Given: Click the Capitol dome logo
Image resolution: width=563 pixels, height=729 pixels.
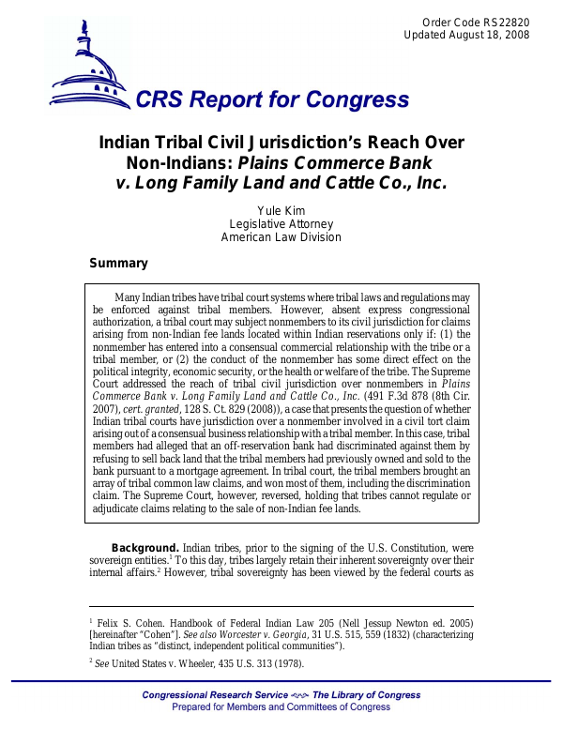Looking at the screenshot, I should click(x=89, y=66).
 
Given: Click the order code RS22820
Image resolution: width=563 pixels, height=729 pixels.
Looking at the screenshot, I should click(x=508, y=22).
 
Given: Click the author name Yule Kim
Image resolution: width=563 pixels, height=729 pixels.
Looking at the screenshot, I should click(x=281, y=209).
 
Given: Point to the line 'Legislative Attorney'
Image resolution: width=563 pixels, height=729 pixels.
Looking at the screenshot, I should click(x=281, y=223).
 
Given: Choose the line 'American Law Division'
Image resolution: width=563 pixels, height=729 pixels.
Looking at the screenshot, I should click(x=281, y=237).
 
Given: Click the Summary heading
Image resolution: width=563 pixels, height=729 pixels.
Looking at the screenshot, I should click(x=118, y=264).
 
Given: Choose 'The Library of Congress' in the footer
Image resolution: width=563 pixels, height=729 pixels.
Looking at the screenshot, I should click(x=367, y=695).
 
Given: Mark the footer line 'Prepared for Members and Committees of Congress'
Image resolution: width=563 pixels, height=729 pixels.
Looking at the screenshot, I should click(x=281, y=707).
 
